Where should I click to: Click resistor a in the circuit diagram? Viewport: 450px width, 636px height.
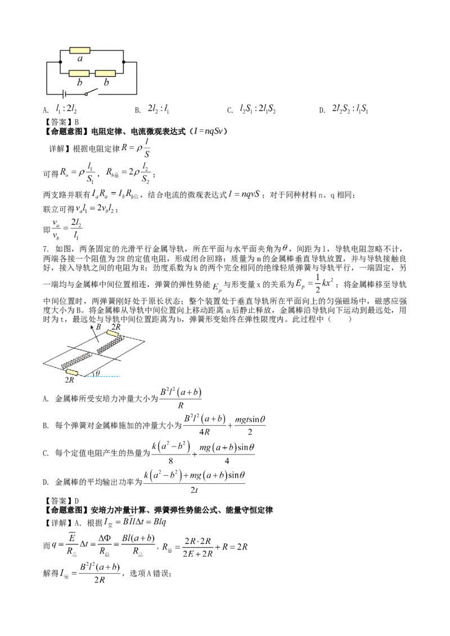point(80,51)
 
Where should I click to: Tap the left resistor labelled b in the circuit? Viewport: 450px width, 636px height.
point(79,74)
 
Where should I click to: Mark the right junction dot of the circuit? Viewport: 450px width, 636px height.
point(124,62)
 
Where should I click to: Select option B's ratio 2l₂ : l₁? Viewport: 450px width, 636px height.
point(159,108)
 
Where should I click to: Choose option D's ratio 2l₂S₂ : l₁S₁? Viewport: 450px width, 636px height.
point(350,108)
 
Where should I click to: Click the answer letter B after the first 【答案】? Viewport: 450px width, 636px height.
point(76,122)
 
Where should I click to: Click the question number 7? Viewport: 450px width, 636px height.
point(46,249)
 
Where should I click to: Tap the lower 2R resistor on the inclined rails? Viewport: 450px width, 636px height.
point(72,372)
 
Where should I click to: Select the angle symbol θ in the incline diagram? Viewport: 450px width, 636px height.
point(97,372)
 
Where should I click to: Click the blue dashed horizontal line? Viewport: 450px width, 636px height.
point(103,376)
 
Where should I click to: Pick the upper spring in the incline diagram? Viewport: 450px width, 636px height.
point(109,345)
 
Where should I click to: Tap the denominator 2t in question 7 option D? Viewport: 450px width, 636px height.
point(194,490)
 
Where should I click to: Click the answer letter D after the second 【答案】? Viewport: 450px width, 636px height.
point(76,501)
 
